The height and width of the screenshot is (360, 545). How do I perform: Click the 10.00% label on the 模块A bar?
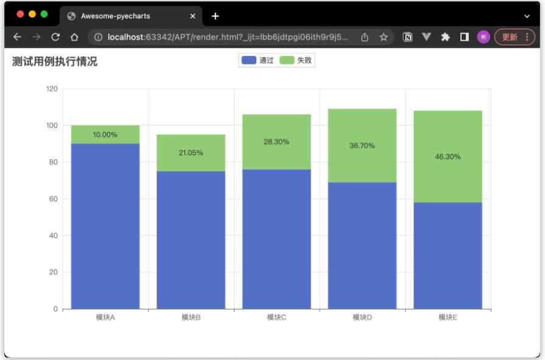(x=105, y=135)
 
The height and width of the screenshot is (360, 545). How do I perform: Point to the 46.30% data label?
(x=448, y=157)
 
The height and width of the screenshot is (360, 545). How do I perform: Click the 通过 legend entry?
(x=258, y=60)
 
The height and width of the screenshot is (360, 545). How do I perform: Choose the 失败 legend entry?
(x=296, y=60)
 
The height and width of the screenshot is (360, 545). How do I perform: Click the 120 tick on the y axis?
(x=52, y=89)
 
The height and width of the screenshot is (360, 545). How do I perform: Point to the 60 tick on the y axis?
(x=54, y=199)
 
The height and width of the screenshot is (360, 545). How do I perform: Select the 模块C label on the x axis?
(x=276, y=317)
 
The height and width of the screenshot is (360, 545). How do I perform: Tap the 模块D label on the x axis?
(x=362, y=317)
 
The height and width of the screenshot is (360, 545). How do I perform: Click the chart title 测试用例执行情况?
(x=55, y=62)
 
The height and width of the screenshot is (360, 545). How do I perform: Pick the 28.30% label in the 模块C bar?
(x=276, y=142)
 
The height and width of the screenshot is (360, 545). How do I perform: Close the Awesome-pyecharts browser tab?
(x=193, y=16)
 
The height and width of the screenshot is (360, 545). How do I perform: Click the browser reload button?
(x=55, y=37)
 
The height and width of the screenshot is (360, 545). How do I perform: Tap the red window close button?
(x=20, y=14)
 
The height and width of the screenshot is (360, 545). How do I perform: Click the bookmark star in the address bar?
(x=384, y=37)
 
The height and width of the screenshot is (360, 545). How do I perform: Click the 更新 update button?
(x=515, y=37)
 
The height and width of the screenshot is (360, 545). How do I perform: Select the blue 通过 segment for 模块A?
(x=105, y=226)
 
